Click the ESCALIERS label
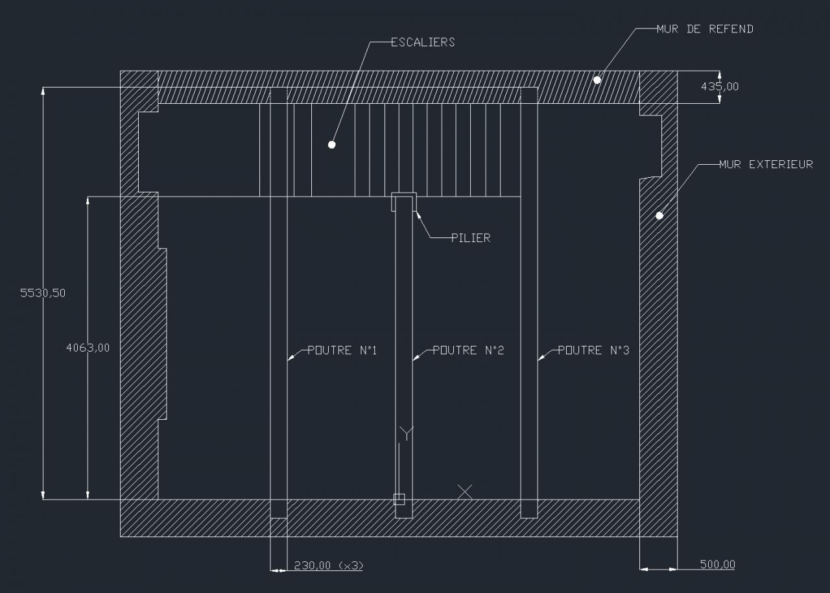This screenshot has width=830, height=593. coord(423,43)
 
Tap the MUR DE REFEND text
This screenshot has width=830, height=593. coord(705,29)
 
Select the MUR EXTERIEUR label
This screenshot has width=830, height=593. coord(766,165)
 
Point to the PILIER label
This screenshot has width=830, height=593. coord(471,238)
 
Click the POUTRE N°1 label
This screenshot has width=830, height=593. coord(342,350)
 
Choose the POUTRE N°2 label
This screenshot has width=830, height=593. coord(468,350)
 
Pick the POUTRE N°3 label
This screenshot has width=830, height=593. coord(593,350)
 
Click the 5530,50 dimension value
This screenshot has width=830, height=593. coord(43,293)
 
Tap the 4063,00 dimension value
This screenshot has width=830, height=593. coord(88,348)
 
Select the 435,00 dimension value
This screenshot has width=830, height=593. coord(718,86)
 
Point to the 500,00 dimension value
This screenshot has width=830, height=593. coord(717,564)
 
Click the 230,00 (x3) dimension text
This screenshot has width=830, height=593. coord(328,565)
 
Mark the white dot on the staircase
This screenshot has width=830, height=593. coord(331,144)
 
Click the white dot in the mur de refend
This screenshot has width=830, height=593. coord(597,80)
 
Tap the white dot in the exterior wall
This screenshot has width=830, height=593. coord(659,215)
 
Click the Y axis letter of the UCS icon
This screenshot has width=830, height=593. coord(407,433)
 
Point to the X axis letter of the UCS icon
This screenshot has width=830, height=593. coord(464,491)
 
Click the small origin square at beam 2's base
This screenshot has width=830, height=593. coord(399,499)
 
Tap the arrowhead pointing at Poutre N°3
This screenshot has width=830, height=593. coord(541,356)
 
